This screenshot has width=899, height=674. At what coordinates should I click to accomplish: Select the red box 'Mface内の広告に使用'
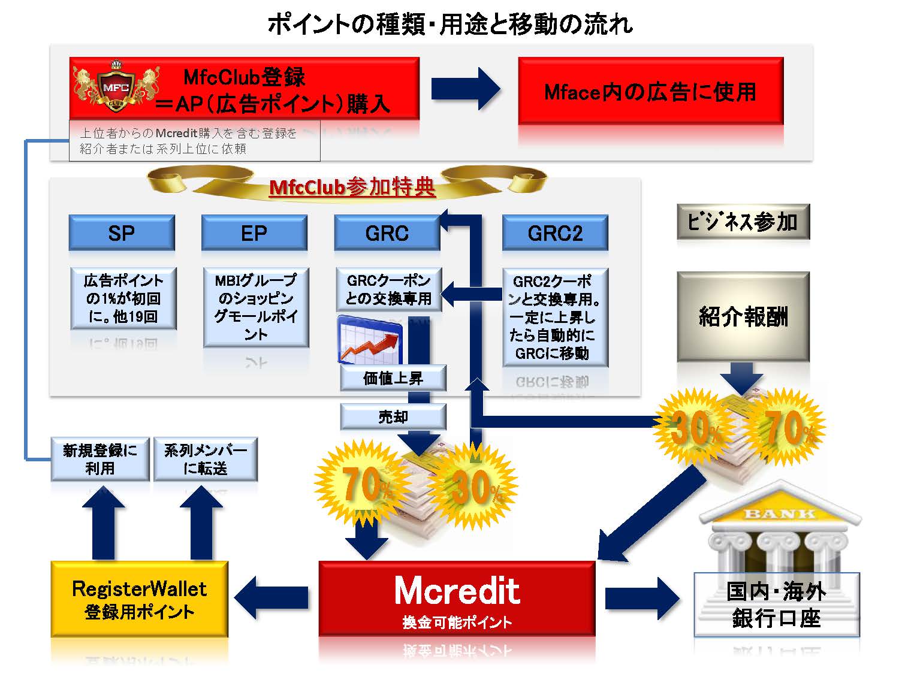(x=650, y=92)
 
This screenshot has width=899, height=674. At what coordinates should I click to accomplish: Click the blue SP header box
(x=122, y=232)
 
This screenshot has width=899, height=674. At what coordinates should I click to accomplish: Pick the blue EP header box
(x=254, y=232)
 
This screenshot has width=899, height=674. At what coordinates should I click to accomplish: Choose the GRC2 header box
(x=555, y=232)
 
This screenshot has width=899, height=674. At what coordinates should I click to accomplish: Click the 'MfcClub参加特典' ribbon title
(x=352, y=188)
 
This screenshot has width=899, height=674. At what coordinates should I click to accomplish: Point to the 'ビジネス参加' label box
(x=743, y=222)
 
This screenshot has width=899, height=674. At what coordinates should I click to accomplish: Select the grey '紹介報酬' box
(x=743, y=316)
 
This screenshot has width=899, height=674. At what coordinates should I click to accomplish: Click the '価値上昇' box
(x=393, y=378)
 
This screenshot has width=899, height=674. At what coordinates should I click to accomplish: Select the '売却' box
(x=393, y=416)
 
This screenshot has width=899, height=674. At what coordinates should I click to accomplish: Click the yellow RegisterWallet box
(x=139, y=599)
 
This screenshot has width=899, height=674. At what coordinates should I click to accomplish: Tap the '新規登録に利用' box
(x=100, y=460)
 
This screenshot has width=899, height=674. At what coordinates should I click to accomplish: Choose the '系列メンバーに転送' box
(x=206, y=460)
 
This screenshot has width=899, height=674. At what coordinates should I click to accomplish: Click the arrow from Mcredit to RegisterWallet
(x=272, y=597)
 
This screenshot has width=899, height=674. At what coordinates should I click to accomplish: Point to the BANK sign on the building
(x=779, y=513)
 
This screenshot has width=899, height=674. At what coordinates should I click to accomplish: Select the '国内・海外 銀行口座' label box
(x=776, y=605)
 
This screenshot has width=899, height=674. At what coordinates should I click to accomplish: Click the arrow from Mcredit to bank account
(x=642, y=598)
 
